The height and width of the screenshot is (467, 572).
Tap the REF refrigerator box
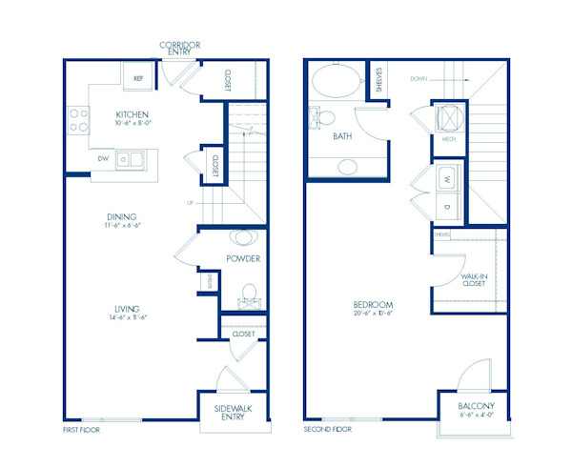click(x=137, y=79)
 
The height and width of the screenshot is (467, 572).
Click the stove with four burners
click(x=76, y=119)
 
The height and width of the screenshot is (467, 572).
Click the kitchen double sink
click(x=132, y=160)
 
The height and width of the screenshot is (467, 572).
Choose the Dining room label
click(x=125, y=222)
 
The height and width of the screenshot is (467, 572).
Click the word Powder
click(x=243, y=258)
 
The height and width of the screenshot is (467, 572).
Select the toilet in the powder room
click(x=248, y=293)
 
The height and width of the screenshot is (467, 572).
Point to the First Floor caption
click(x=81, y=430)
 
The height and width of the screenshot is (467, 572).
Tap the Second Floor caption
click(x=327, y=430)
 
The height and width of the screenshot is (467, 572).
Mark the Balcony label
click(x=473, y=407)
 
